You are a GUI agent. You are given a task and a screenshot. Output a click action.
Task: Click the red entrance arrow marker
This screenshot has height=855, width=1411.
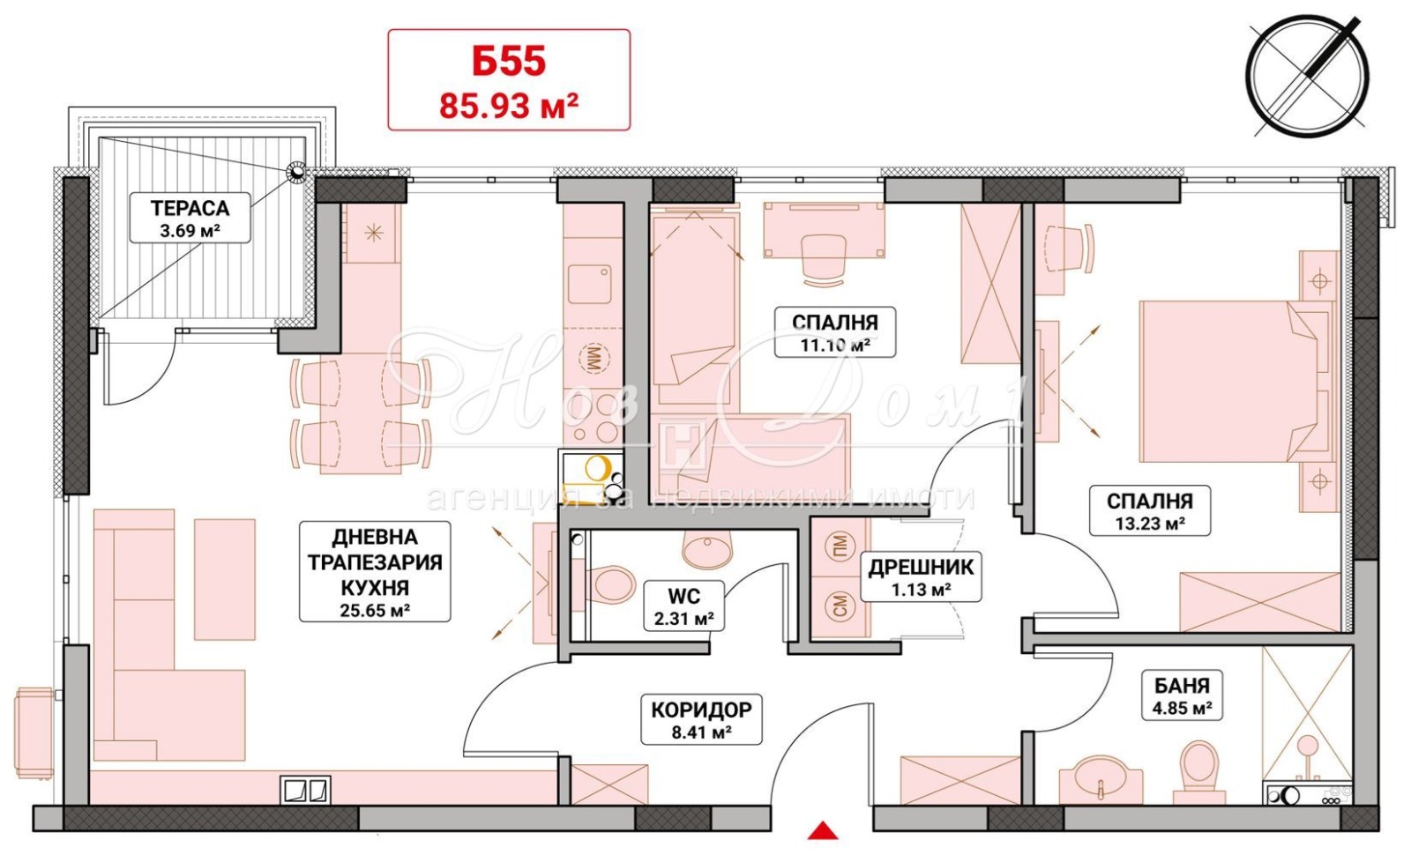[823, 831]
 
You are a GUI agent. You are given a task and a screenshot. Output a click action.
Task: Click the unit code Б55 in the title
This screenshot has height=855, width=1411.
[509, 62]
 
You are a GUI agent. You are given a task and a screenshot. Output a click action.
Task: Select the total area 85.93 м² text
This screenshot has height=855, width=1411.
[509, 106]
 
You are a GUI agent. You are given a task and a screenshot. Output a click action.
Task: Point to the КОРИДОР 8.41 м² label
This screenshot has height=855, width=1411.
[701, 719]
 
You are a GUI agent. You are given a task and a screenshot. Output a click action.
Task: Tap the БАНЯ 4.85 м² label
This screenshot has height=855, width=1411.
[1182, 695]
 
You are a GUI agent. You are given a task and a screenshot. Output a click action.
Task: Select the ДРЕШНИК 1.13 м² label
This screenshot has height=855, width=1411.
[921, 576]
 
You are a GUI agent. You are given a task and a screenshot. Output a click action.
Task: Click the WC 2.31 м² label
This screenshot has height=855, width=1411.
[684, 606]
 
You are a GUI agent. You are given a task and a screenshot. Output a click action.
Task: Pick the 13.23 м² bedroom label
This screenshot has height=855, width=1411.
[1150, 510]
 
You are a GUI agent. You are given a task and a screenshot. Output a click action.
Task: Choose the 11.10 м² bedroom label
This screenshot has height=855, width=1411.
[834, 331]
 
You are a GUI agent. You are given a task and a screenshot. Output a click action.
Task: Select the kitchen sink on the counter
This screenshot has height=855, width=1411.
[590, 284]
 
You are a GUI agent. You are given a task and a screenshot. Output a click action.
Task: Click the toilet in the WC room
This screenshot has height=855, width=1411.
[609, 584]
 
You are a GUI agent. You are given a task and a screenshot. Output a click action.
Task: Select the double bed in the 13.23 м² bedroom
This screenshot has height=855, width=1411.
[1237, 383]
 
